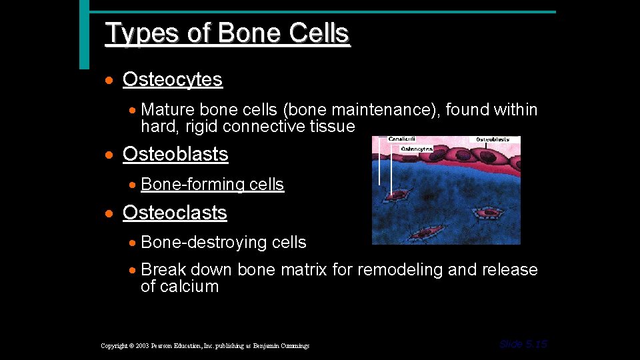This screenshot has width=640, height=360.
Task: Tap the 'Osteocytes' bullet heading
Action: (x=172, y=80)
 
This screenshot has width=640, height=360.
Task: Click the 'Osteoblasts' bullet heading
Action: (x=175, y=154)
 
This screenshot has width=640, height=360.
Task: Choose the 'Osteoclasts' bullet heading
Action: (x=175, y=213)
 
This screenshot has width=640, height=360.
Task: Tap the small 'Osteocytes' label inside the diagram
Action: (x=417, y=149)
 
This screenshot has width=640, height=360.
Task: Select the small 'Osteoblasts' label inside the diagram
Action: (x=493, y=140)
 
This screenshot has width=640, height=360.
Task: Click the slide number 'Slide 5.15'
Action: (x=523, y=344)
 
